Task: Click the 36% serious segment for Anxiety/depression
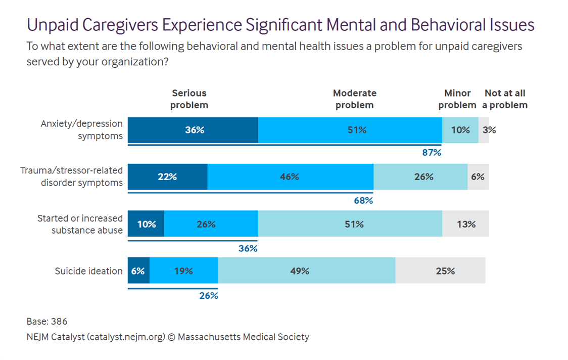193,130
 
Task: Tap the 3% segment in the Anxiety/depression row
484,130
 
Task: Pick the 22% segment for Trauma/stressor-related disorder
167,177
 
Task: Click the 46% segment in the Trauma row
290,177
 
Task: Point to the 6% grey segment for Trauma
478,177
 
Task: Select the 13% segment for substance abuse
465,224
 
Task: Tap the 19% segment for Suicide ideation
184,271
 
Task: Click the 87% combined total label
432,152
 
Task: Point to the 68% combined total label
363,200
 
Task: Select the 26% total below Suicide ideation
209,296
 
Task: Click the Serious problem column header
190,99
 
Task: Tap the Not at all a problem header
505,99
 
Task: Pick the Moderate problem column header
355,99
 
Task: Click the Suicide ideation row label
88,271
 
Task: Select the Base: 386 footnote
47,322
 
